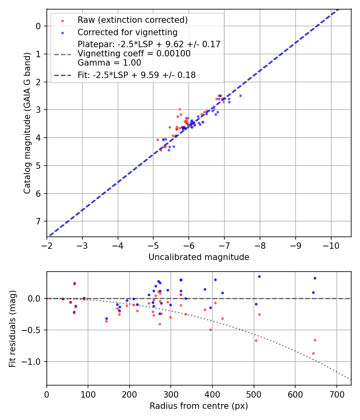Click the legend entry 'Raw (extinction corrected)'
point(132,20)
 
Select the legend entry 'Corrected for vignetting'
point(128,32)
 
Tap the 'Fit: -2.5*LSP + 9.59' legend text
point(136,75)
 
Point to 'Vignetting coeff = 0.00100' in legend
point(134,53)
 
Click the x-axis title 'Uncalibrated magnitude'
point(199,257)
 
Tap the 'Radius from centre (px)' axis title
point(199,406)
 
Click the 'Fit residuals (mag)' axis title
point(12,329)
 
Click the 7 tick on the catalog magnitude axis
point(38,221)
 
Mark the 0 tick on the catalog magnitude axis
point(38,26)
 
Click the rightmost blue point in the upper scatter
point(240,96)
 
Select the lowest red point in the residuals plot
point(313,353)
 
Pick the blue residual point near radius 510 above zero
point(259,276)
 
